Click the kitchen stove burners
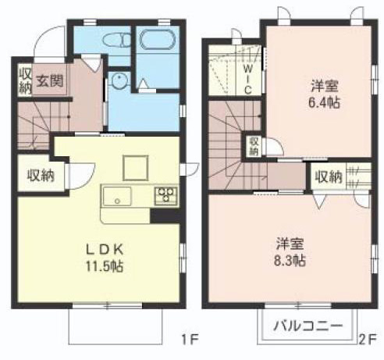point(165,195)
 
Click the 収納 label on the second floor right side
point(328,177)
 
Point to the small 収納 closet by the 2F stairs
point(254,146)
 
